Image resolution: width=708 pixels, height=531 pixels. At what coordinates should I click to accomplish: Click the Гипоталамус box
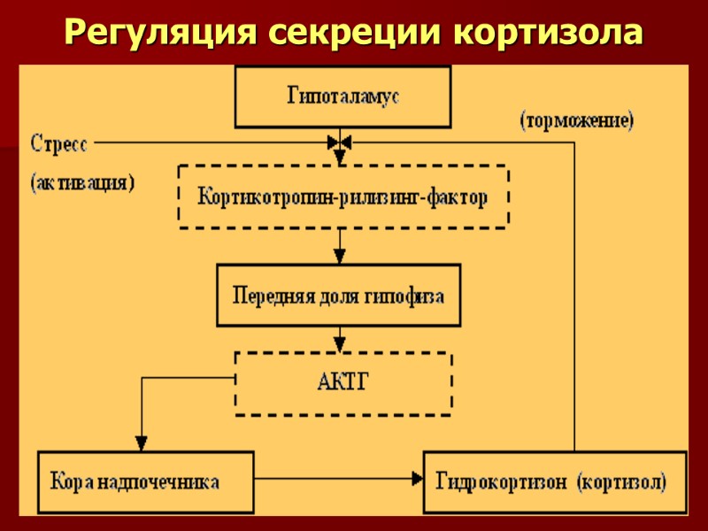pyautogui.click(x=342, y=96)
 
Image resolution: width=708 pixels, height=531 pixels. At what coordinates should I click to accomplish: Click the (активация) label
pyautogui.click(x=82, y=183)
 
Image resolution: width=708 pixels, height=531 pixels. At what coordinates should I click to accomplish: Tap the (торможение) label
pyautogui.click(x=576, y=121)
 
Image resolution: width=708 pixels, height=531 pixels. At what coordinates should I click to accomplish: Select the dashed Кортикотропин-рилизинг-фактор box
pyautogui.click(x=342, y=196)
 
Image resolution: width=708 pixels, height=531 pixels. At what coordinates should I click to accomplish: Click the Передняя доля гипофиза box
pyautogui.click(x=338, y=296)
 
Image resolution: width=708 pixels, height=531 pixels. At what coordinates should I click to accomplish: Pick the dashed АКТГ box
pyautogui.click(x=342, y=383)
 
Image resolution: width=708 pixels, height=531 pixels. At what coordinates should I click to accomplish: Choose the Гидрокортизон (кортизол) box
pyautogui.click(x=555, y=482)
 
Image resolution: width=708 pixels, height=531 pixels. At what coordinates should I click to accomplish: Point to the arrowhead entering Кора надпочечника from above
pyautogui.click(x=141, y=443)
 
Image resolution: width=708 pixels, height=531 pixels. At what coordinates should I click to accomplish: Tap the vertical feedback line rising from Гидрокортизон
pyautogui.click(x=575, y=301)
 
